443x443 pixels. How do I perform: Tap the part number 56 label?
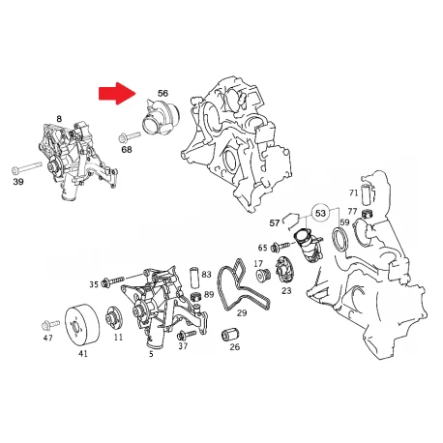[162, 93]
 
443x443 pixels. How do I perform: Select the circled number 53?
[320, 213]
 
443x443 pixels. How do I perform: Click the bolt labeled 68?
[130, 136]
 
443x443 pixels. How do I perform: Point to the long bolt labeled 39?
[27, 167]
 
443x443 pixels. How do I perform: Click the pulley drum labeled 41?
[82, 325]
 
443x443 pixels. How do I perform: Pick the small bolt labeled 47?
[50, 325]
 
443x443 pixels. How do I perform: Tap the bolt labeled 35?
[112, 281]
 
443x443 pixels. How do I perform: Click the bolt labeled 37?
[187, 334]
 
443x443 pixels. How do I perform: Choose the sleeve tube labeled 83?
[194, 277]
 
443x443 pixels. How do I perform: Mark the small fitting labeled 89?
[196, 296]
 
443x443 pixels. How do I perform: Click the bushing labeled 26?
[230, 335]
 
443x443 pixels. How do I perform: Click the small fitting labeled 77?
[367, 213]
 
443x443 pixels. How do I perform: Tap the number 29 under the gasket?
[242, 312]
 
